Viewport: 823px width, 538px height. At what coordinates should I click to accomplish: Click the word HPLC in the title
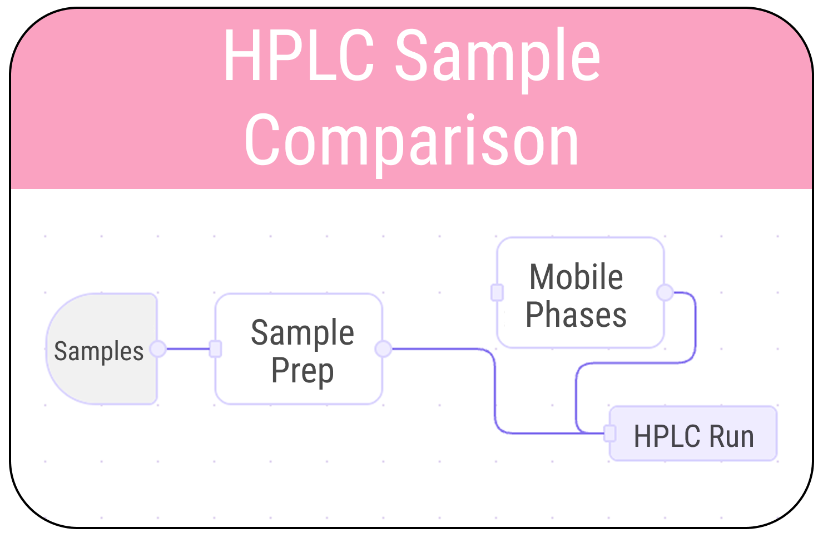click(x=299, y=56)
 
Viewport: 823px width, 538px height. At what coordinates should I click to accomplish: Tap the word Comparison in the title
click(x=411, y=140)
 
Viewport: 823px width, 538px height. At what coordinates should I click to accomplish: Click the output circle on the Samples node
click(x=158, y=348)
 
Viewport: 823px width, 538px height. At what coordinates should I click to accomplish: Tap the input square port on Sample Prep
click(x=216, y=348)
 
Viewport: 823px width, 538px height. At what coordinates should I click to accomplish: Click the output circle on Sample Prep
click(x=383, y=348)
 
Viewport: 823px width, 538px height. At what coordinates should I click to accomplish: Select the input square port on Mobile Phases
click(x=497, y=292)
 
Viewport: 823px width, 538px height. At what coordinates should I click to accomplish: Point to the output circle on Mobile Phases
click(x=665, y=292)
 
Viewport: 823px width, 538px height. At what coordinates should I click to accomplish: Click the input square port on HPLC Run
click(x=610, y=433)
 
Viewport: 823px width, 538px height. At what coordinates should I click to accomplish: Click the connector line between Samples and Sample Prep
click(x=188, y=348)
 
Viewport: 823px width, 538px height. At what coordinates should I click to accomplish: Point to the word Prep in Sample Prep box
click(x=302, y=371)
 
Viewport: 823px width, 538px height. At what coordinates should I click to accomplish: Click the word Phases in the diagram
click(x=576, y=315)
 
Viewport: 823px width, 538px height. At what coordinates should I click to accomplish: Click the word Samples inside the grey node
click(x=98, y=351)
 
